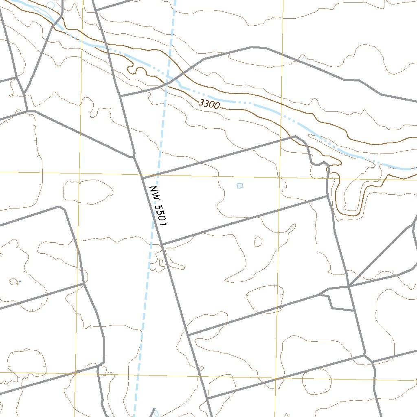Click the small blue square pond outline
[240, 186]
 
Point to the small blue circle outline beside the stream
[50, 5]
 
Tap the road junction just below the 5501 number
[162, 244]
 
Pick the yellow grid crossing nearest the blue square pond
[279, 178]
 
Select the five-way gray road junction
[349, 286]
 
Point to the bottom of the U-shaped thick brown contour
[349, 214]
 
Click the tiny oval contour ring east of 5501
[258, 242]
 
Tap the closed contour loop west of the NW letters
[88, 189]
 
